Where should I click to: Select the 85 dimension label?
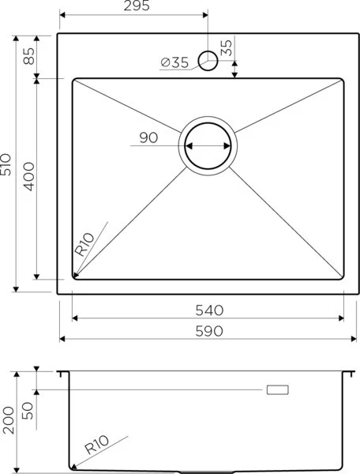pos(29,56)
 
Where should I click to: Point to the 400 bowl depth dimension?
pos(29,179)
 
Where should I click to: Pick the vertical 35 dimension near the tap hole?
pos(227,48)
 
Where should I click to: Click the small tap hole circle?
pos(208,61)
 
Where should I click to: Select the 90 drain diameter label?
pos(148,138)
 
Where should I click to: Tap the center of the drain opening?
pos(208,146)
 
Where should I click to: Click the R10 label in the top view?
pos(84,243)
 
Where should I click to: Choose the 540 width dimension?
pos(208,309)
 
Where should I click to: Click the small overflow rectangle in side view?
pos(278,389)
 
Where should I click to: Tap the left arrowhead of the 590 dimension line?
pos(62,338)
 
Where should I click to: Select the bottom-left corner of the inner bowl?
pos(73,278)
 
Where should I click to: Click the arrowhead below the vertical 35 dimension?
pos(234,75)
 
